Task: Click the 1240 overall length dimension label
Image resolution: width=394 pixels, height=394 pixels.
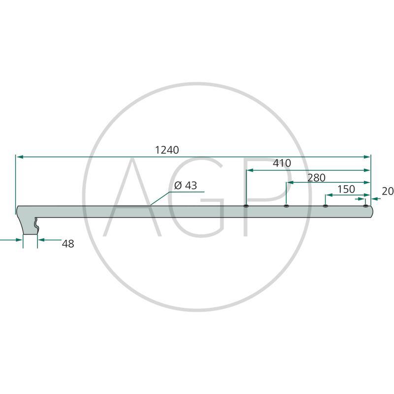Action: pos(167,150)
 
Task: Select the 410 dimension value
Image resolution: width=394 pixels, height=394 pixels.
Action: pos(282,163)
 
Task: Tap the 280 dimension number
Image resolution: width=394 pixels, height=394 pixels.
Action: pos(316,178)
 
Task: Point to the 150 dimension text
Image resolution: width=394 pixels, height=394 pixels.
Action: pos(346,189)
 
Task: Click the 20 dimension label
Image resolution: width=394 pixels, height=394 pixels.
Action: pos(388,191)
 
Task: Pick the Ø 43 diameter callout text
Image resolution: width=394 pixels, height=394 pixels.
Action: pos(186,186)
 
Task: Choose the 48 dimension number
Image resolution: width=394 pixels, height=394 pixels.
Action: pos(68,244)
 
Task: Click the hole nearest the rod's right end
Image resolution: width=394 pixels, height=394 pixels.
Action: pos(365,206)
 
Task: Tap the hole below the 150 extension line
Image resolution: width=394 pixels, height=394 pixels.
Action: pos(326,206)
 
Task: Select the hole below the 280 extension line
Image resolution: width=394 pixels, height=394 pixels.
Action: pos(286,206)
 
